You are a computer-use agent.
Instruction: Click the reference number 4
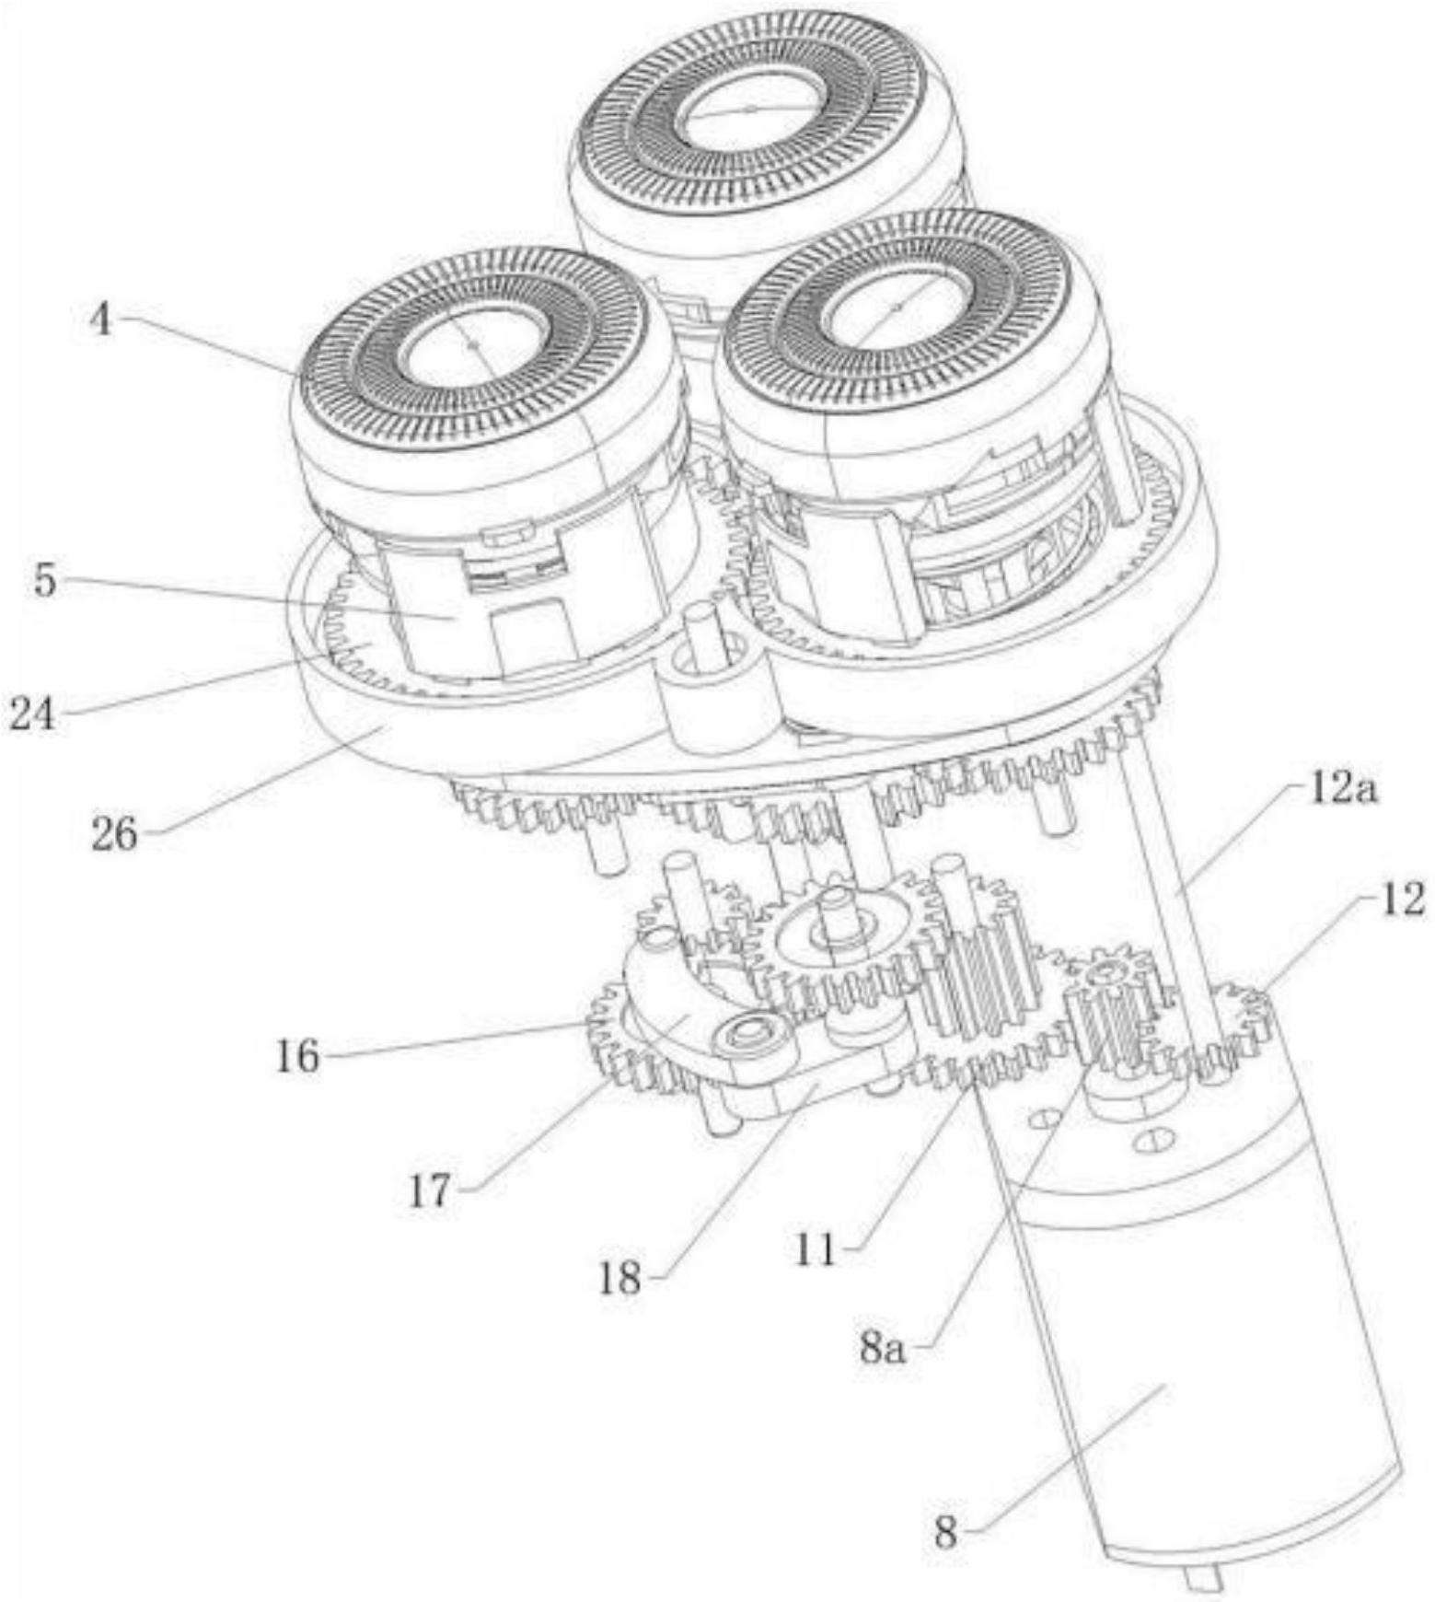coord(100,321)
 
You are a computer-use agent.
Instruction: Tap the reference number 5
coord(44,581)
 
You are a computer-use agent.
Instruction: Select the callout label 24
coord(32,714)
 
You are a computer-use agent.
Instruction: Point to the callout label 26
coord(114,834)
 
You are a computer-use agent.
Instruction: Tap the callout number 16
coord(297,1056)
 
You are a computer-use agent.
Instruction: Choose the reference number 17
coord(430,1191)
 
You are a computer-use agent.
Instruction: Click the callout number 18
coord(619,1278)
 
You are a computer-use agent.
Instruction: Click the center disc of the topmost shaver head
coord(751,110)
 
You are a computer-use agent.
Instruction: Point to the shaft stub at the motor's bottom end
coord(1204,1577)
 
